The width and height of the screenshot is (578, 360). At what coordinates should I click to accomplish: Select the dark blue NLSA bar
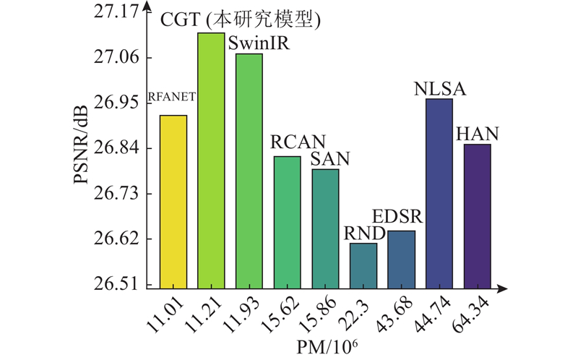439,194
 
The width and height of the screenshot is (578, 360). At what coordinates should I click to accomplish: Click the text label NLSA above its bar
439,88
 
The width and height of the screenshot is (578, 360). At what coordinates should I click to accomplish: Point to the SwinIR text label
259,44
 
